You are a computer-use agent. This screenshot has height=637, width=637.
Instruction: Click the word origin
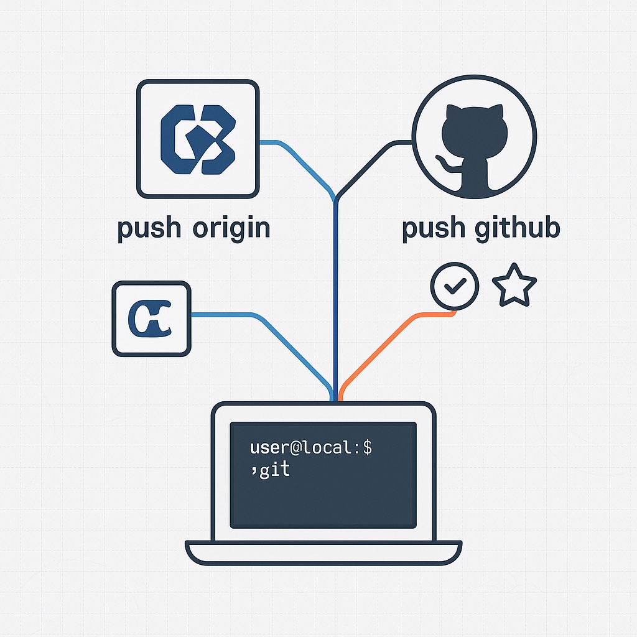[x=231, y=228]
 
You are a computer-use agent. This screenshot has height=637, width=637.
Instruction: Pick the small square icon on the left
[x=151, y=318]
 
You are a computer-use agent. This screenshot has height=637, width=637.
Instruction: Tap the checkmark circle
[x=455, y=286]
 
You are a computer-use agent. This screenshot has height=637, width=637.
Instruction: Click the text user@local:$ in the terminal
[x=310, y=447]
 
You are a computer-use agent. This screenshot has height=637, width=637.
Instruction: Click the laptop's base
[x=323, y=552]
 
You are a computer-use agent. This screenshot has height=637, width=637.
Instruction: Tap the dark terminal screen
[x=323, y=491]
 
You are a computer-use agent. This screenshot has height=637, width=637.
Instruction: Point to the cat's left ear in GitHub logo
[x=453, y=114]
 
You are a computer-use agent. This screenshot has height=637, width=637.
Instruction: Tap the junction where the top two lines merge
[x=336, y=198]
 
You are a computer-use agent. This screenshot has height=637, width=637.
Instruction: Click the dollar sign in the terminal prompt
[x=367, y=447]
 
